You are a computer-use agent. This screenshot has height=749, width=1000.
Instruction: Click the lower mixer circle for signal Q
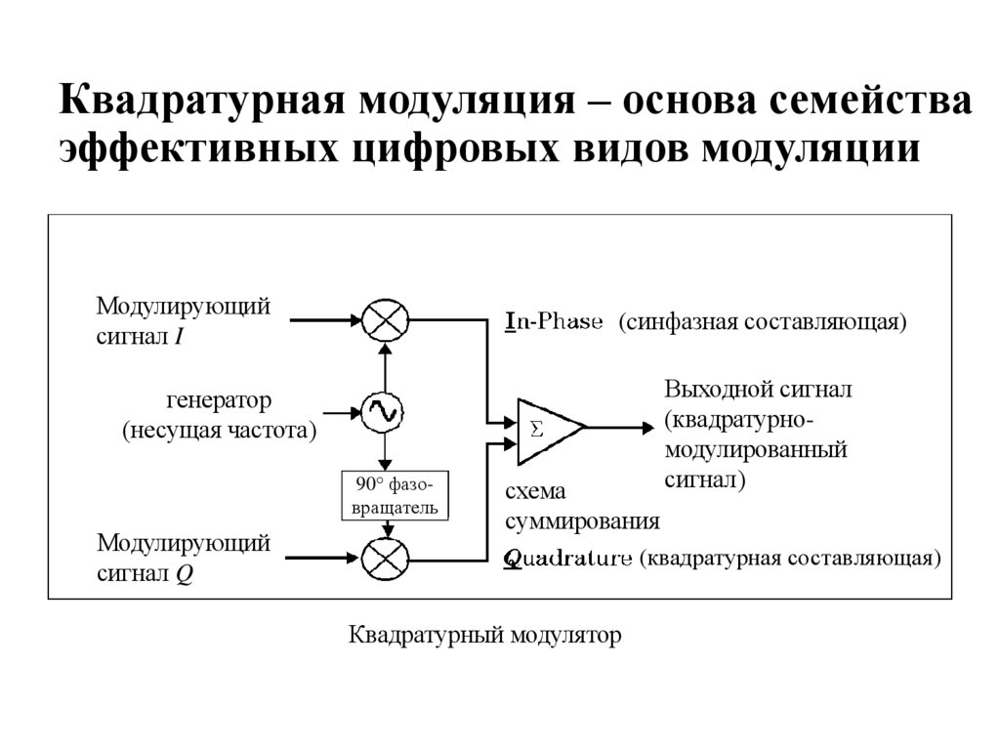point(385,560)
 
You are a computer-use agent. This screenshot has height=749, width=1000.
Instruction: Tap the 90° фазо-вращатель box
point(390,495)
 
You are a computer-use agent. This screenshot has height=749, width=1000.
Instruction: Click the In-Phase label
point(553,321)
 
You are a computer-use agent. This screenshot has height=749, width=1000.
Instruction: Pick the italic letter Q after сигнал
point(184,575)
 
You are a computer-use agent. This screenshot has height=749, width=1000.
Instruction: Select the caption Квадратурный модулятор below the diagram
point(485,636)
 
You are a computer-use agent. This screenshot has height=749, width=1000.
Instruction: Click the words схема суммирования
point(581,505)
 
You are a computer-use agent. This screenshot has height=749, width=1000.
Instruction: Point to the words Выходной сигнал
point(758,389)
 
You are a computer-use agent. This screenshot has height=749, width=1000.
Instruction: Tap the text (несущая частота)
point(220,430)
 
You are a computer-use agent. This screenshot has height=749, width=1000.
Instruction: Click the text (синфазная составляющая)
point(763,321)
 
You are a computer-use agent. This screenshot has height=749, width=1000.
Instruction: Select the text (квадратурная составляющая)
point(789,559)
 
